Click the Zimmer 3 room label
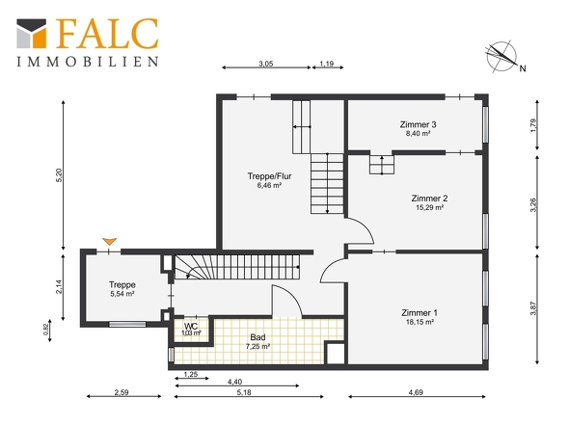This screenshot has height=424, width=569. [x=418, y=124]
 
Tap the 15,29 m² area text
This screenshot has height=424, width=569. [x=429, y=207]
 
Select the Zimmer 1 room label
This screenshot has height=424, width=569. [x=420, y=312]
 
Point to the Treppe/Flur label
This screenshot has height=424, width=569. [x=269, y=176]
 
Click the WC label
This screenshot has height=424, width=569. [x=191, y=326]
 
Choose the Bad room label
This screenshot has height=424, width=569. [x=257, y=337]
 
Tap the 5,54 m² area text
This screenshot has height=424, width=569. [x=122, y=294]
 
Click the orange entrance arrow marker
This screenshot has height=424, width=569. [x=109, y=241]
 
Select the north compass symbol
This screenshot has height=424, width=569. [x=502, y=57]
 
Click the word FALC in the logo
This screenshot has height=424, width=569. [x=107, y=34]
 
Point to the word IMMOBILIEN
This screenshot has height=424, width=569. [x=88, y=62]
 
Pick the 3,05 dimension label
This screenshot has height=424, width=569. [x=265, y=64]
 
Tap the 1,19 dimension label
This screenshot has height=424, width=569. [x=327, y=64]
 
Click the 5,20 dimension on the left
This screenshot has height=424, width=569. [x=60, y=175]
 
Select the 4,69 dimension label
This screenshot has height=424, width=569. [x=416, y=392]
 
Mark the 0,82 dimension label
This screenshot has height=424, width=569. [x=46, y=329]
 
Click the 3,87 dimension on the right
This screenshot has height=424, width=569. [x=533, y=308]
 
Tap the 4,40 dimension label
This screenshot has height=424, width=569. [x=234, y=382]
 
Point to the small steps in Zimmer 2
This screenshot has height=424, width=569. [x=382, y=165]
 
